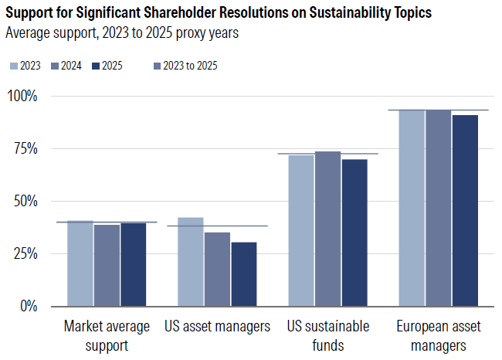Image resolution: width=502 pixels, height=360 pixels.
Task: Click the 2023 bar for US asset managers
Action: pyautogui.click(x=191, y=262)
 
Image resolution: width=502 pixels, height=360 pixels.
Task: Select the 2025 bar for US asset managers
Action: pyautogui.click(x=244, y=274)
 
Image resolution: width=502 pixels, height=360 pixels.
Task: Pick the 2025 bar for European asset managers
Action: pyautogui.click(x=465, y=210)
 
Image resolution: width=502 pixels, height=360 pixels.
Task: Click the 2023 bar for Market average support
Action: pyautogui.click(x=80, y=263)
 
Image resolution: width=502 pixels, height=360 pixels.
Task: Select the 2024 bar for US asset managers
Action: pyautogui.click(x=217, y=269)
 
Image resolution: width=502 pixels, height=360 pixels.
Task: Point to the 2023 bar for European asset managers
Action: pyautogui.click(x=412, y=208)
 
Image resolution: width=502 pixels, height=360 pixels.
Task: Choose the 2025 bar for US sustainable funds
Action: pyautogui.click(x=354, y=233)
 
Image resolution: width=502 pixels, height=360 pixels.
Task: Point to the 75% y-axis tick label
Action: pyautogui.click(x=25, y=148)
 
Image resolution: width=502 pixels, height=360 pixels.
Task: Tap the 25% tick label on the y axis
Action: pyautogui.click(x=25, y=253)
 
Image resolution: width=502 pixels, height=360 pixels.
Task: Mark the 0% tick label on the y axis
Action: pyautogui.click(x=28, y=306)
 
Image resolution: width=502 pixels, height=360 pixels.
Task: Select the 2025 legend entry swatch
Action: pyautogui.click(x=96, y=66)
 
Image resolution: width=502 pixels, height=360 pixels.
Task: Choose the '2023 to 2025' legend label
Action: pyautogui.click(x=190, y=66)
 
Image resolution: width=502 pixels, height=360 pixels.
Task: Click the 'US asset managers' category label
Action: pyautogui.click(x=217, y=326)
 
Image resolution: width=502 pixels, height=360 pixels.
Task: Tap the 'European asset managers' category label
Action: pyautogui.click(x=439, y=335)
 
